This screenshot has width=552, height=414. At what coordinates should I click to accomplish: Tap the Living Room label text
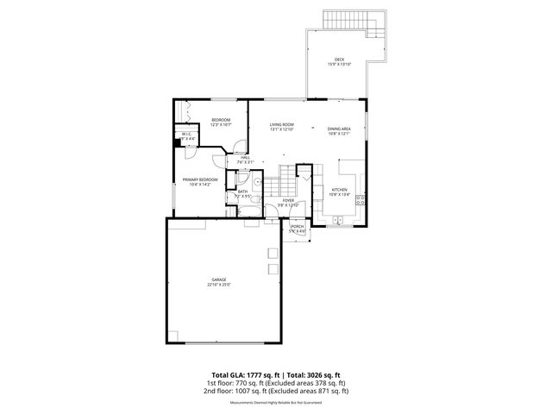point(281,124)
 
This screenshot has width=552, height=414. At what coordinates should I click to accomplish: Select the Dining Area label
point(338,129)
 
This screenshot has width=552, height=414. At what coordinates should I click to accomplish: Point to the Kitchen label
point(339,190)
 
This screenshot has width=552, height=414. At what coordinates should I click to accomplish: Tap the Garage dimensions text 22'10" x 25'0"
point(218,285)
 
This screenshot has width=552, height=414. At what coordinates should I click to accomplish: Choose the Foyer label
point(287,200)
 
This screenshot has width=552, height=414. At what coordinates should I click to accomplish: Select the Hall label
point(245,158)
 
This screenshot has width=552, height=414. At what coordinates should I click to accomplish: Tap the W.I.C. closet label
point(186,134)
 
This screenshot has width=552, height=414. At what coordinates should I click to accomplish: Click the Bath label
point(243,191)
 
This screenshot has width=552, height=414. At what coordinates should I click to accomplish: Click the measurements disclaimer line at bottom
point(275,403)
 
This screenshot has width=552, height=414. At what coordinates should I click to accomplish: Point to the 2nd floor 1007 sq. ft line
point(275,391)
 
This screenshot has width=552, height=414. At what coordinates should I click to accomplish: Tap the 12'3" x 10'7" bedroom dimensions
point(222,125)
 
